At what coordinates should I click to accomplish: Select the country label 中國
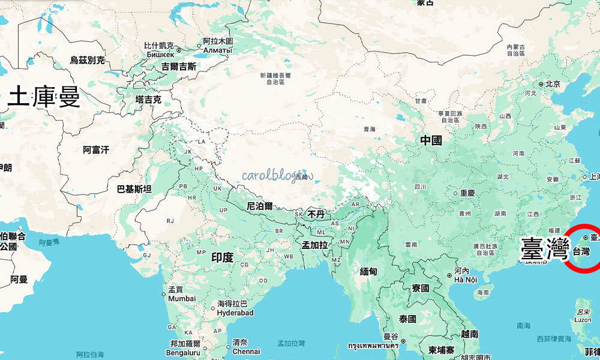point(431,140)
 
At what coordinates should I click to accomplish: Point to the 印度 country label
point(222,257)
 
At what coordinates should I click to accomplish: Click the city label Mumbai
point(182,298)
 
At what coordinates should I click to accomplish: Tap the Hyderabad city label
point(235,313)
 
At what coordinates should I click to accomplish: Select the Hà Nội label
point(466,280)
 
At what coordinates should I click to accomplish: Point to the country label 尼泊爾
point(259,206)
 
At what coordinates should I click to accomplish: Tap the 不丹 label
point(316,214)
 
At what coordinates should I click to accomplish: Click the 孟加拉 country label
point(314,245)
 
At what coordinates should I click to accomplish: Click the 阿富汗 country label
point(96,150)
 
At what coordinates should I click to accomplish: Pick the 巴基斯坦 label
point(134,189)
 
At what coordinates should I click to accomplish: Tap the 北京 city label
point(553,84)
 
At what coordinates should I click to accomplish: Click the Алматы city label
point(217,50)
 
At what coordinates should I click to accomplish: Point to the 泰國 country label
point(407,319)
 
